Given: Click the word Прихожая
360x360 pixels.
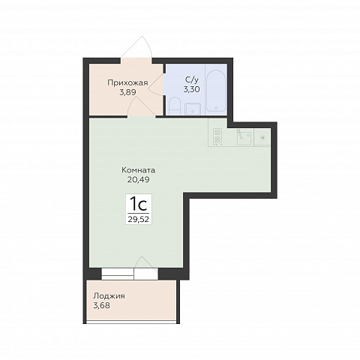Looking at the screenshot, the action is point(127,83).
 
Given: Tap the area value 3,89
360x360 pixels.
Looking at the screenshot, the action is point(127,92).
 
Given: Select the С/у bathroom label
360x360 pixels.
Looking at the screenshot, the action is point(192,80).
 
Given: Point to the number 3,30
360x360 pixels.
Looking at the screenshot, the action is point(192,89).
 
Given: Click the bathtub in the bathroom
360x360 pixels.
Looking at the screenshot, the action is point(216,91).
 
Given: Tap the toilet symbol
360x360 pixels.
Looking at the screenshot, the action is point(174,106).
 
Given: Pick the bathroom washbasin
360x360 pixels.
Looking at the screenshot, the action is point(193,109).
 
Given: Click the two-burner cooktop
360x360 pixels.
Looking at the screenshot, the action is point(217,136).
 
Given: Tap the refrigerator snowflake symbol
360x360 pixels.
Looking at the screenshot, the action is point(262,137).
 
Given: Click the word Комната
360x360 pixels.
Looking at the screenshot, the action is point(139,170).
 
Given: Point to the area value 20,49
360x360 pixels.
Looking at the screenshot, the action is point(139,179).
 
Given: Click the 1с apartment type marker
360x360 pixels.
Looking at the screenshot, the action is point(138,204).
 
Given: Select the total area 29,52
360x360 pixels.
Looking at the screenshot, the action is point(138,219).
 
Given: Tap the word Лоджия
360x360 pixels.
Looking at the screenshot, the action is point(109,296).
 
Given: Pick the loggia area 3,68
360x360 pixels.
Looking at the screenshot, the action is point(101,305).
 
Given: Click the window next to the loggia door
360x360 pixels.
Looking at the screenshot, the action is point(118,274).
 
